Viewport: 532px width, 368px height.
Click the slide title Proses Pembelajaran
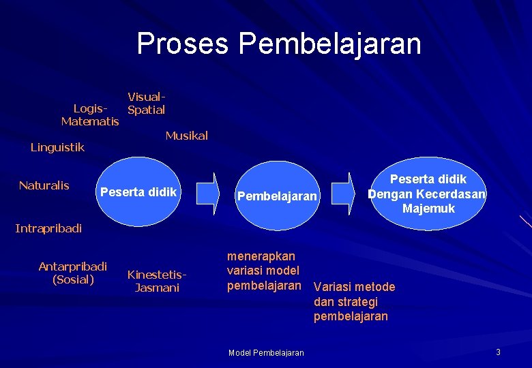click(279, 44)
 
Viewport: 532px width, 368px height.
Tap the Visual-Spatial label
click(146, 104)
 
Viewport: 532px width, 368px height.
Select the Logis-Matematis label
click(90, 115)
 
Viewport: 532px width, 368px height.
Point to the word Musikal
click(186, 136)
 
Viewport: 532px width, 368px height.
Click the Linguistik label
click(57, 147)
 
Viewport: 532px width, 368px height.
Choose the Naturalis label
click(44, 185)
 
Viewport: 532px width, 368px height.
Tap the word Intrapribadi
click(48, 228)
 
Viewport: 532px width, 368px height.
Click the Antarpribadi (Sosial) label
click(73, 273)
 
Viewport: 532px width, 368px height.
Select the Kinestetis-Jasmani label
click(157, 281)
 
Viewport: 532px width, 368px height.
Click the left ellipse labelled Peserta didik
click(138, 193)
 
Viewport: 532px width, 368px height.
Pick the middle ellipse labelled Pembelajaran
click(276, 196)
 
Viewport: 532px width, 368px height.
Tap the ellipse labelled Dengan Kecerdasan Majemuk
click(427, 194)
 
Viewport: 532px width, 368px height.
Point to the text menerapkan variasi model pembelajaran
click(263, 271)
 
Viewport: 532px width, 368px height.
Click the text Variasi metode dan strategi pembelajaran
click(354, 301)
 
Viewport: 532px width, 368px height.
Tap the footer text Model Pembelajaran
click(266, 352)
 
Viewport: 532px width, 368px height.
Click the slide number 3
click(498, 352)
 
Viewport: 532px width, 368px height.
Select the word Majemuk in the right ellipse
click(428, 209)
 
